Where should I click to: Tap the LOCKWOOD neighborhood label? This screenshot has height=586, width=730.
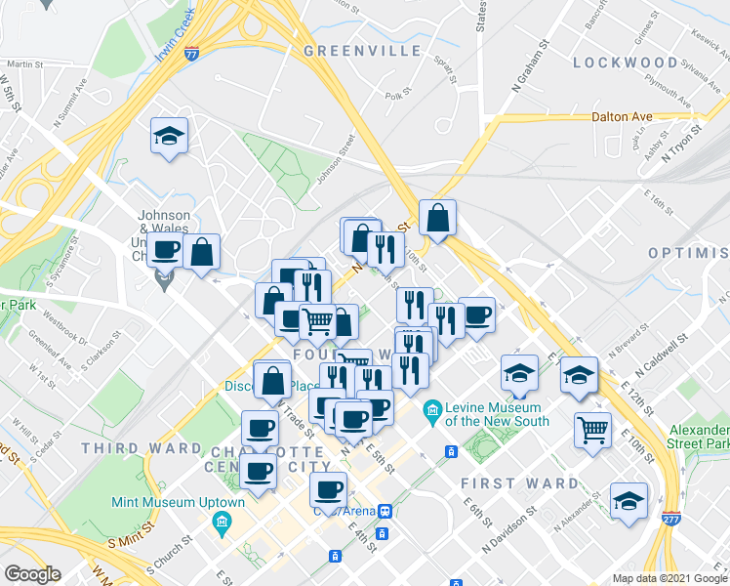click(626, 63)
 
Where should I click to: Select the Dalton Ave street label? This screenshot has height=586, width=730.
click(622, 116)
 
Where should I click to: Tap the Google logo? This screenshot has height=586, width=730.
click(32, 574)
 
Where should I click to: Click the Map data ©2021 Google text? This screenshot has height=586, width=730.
click(669, 578)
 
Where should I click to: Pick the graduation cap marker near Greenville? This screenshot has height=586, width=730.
click(170, 136)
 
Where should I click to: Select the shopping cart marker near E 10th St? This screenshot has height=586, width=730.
click(592, 429)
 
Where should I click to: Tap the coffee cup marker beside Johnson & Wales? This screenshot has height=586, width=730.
click(166, 250)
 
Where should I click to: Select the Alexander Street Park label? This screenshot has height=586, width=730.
click(701, 437)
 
